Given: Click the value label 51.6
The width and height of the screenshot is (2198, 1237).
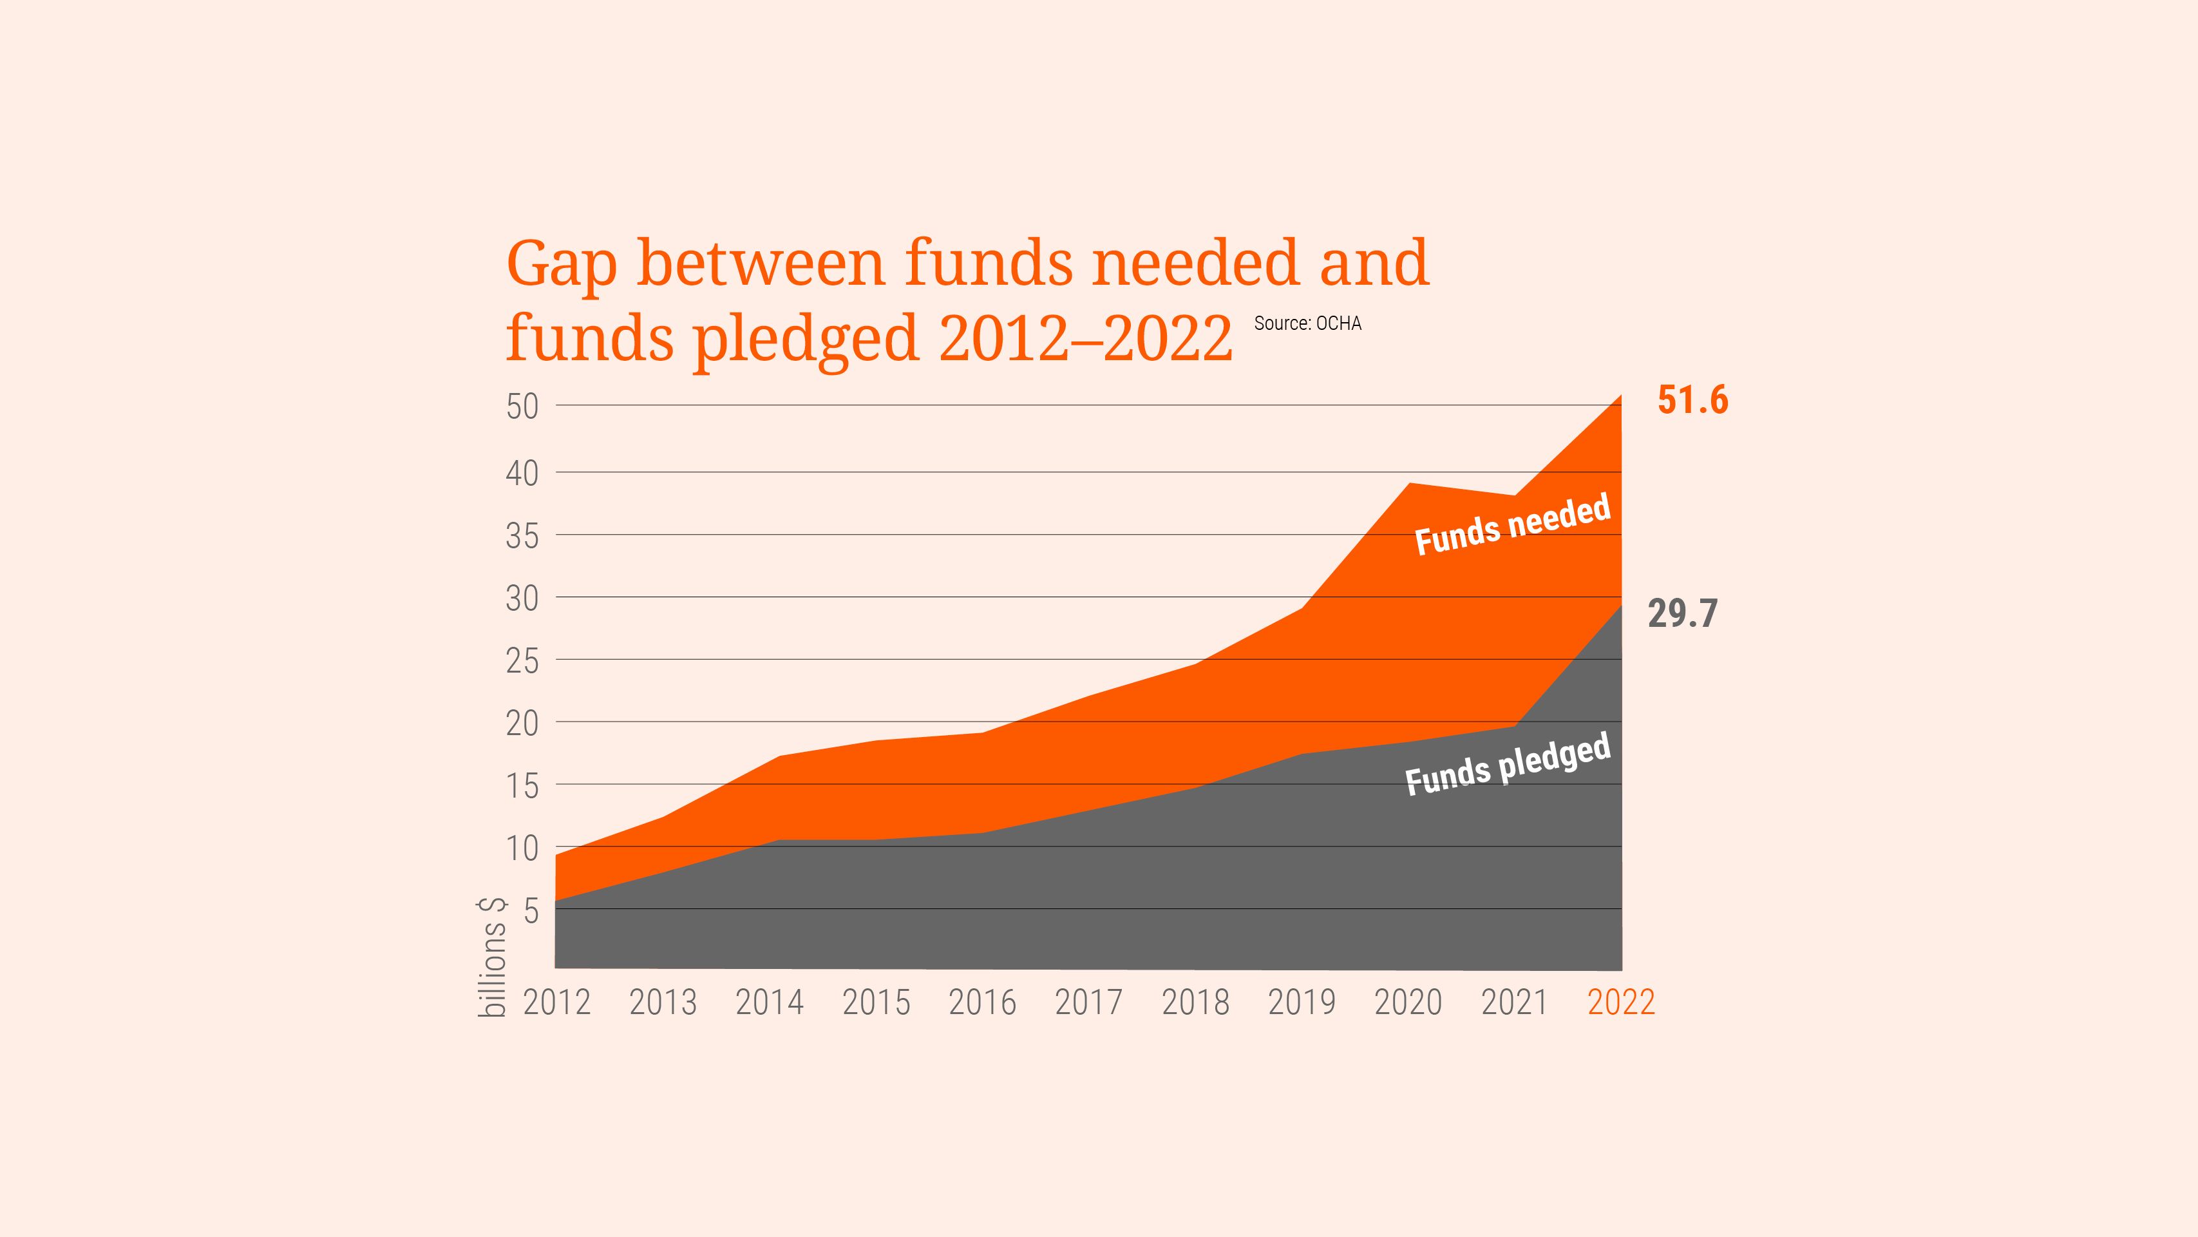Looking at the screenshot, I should pos(1692,400).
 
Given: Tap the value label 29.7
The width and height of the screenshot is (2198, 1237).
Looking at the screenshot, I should pos(1682,614).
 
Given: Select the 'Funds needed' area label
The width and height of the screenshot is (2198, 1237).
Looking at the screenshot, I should pos(1512,525).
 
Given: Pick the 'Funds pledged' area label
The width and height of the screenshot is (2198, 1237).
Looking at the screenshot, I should pos(1508,765).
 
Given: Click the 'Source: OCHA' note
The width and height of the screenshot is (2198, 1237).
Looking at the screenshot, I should pos(1307,323).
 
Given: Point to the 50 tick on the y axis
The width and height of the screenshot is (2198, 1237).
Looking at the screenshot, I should pos(522,407).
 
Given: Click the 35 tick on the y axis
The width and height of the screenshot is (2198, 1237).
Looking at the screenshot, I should pos(522,536).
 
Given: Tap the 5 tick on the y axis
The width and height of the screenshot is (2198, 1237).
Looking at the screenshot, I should pos(531,911).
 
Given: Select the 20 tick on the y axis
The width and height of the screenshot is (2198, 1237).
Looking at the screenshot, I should pos(522,724).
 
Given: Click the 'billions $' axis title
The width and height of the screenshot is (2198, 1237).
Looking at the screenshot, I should pos(492,958).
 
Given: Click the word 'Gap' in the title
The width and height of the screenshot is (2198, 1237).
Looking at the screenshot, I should pos(562,265).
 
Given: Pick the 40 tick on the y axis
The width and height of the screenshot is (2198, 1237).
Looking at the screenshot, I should pos(522,474).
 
